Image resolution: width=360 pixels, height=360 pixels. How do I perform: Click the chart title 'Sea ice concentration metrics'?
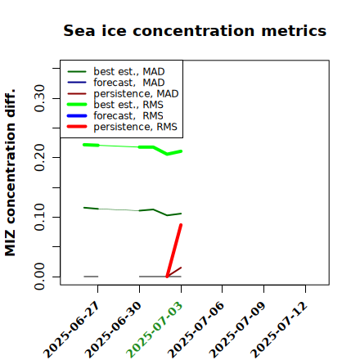[195, 30]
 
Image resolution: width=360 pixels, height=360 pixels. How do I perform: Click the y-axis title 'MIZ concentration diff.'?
[10, 173]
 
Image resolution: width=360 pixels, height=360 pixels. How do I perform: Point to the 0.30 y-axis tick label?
[39, 98]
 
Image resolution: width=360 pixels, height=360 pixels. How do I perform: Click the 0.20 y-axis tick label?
[39, 158]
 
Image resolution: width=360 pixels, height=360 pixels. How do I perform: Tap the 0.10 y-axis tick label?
[39, 217]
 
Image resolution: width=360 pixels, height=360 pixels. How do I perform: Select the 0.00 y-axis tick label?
[39, 277]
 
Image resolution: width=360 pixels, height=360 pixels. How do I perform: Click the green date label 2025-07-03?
[154, 330]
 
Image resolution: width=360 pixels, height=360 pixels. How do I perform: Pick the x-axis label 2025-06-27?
[70, 330]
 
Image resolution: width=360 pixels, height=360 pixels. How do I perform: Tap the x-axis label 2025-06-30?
[112, 330]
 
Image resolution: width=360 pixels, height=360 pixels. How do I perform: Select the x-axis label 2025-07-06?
[196, 330]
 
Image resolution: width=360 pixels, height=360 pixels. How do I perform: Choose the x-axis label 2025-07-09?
[237, 330]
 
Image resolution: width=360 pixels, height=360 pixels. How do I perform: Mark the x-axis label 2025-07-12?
[279, 330]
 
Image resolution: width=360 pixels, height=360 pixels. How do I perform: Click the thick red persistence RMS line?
[174, 250]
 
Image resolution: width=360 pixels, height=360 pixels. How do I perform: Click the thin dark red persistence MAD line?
[174, 272]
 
